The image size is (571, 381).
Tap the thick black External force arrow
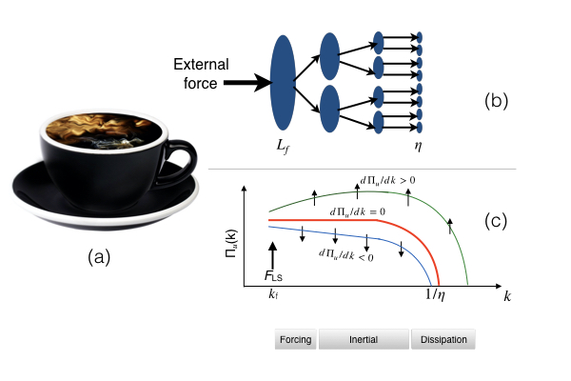[x=243, y=83]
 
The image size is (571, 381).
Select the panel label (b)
[x=500, y=99]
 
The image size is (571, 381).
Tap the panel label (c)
[x=499, y=221]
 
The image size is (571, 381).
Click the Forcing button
[x=296, y=340]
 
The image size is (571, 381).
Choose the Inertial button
[x=364, y=340]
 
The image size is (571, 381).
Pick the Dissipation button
[x=443, y=340]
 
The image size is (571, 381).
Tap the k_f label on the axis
[x=274, y=295]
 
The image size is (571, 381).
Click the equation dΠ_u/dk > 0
[x=393, y=180]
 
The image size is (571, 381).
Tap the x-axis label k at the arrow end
[x=507, y=297]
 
